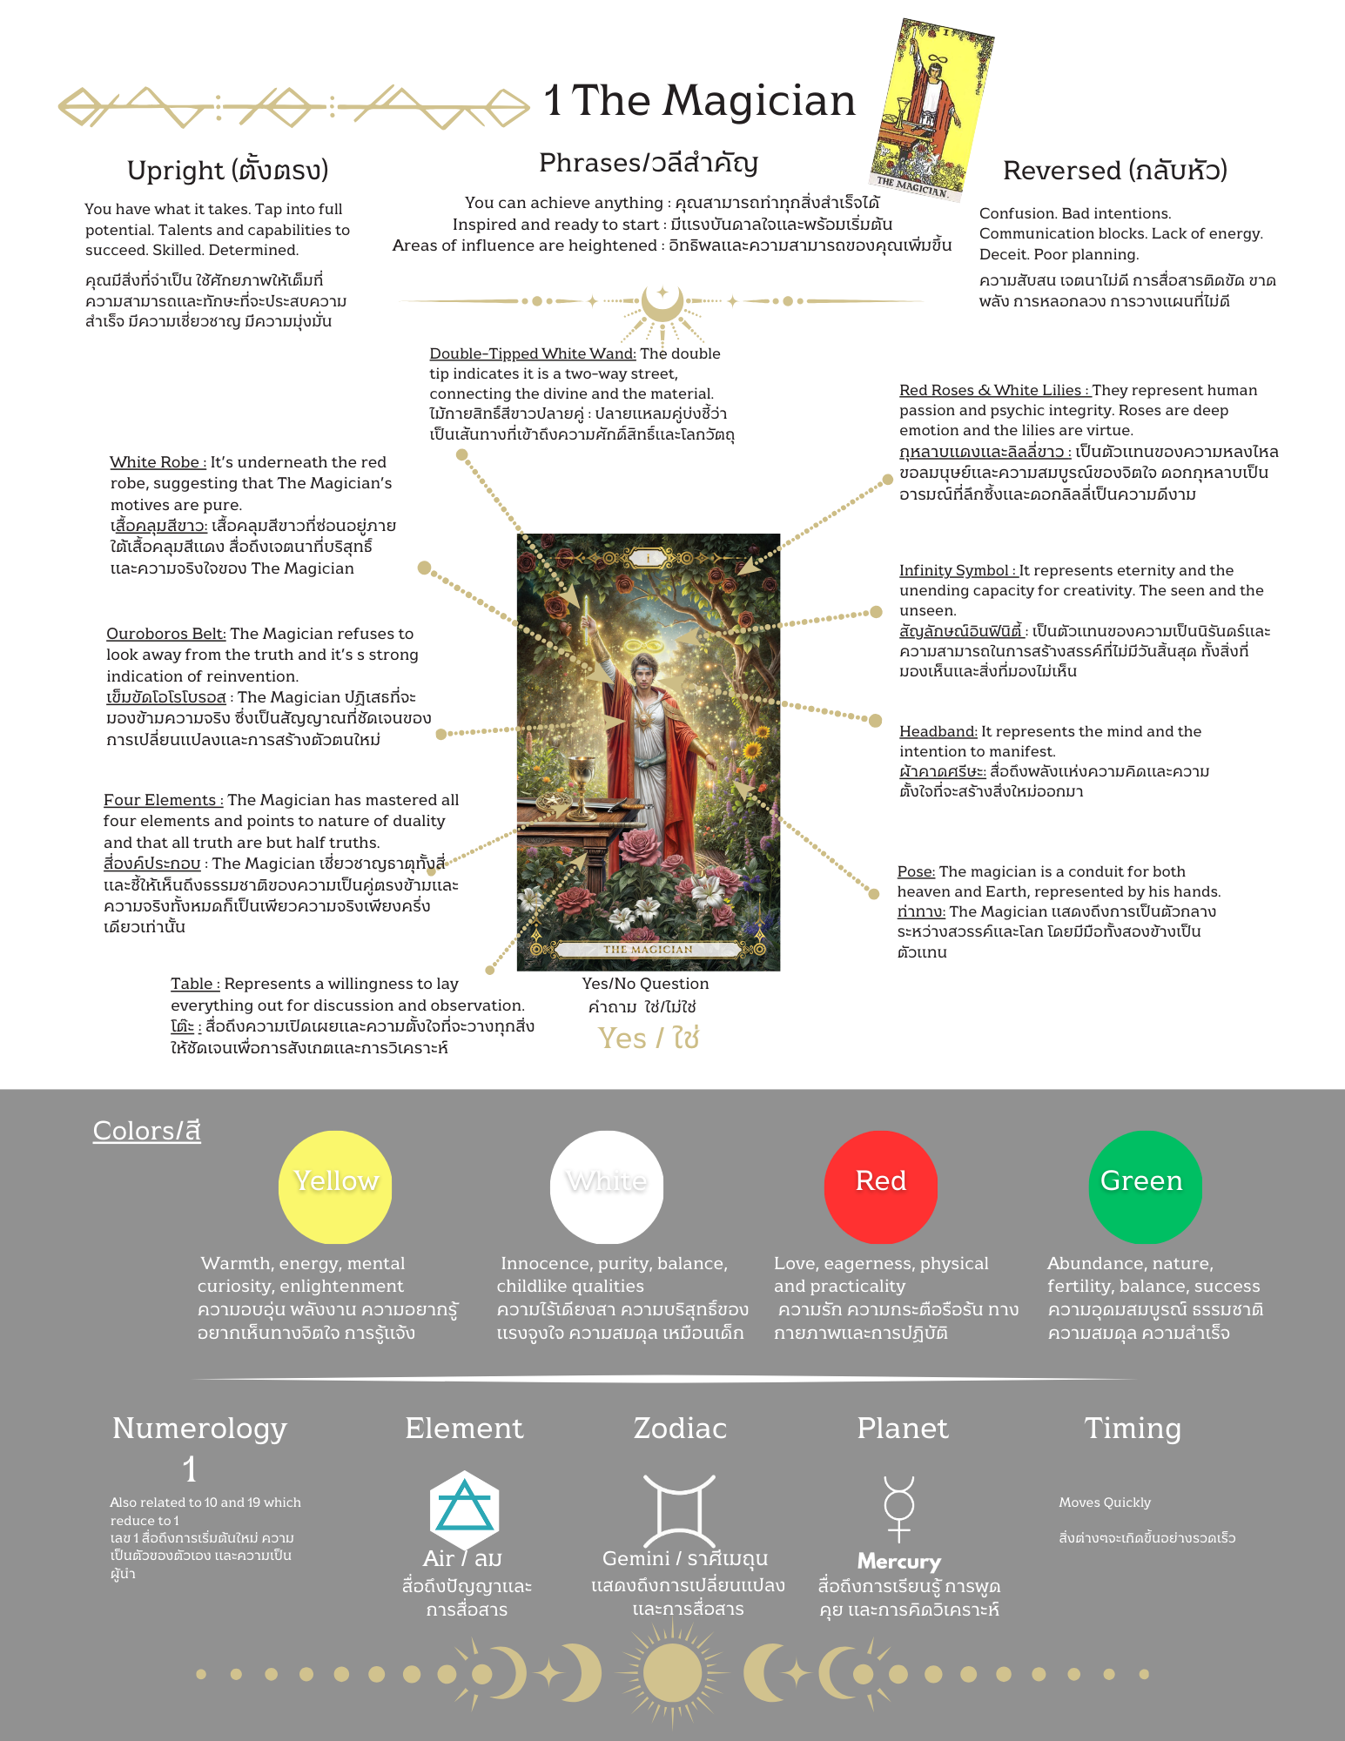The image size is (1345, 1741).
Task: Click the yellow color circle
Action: click(x=335, y=1186)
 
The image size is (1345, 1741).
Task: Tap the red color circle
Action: click(x=880, y=1186)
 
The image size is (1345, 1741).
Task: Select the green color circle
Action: click(x=1145, y=1186)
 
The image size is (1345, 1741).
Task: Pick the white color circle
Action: click(x=607, y=1186)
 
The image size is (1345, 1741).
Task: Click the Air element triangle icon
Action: click(x=463, y=1509)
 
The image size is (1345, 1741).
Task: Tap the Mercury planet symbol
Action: click(x=899, y=1509)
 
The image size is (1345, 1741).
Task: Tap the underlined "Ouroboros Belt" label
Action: click(x=165, y=634)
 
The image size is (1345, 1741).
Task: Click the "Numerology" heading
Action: click(x=199, y=1428)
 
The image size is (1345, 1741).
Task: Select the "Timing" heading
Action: click(x=1132, y=1428)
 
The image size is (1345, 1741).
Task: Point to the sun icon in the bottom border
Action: click(x=672, y=1673)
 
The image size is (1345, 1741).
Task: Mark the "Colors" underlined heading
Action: click(x=146, y=1131)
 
